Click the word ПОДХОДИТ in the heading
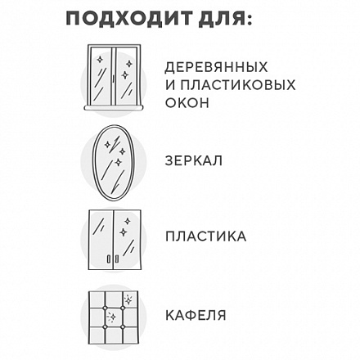point(129,19)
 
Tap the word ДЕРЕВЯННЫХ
point(216,68)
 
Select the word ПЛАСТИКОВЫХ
point(238,85)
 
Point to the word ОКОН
point(187,103)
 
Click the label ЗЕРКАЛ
point(194,160)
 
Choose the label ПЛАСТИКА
point(206,236)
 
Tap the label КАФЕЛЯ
point(196,315)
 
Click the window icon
point(114,78)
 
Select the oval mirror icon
point(114,162)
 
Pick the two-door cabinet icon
point(115,240)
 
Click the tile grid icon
point(114,318)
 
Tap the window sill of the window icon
point(114,108)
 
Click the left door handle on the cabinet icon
point(109,259)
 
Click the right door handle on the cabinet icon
point(117,259)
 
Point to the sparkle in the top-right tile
point(128,299)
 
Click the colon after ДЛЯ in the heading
point(249,20)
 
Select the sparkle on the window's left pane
point(100,60)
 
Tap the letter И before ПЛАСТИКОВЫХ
point(170,85)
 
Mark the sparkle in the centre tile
point(111,317)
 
